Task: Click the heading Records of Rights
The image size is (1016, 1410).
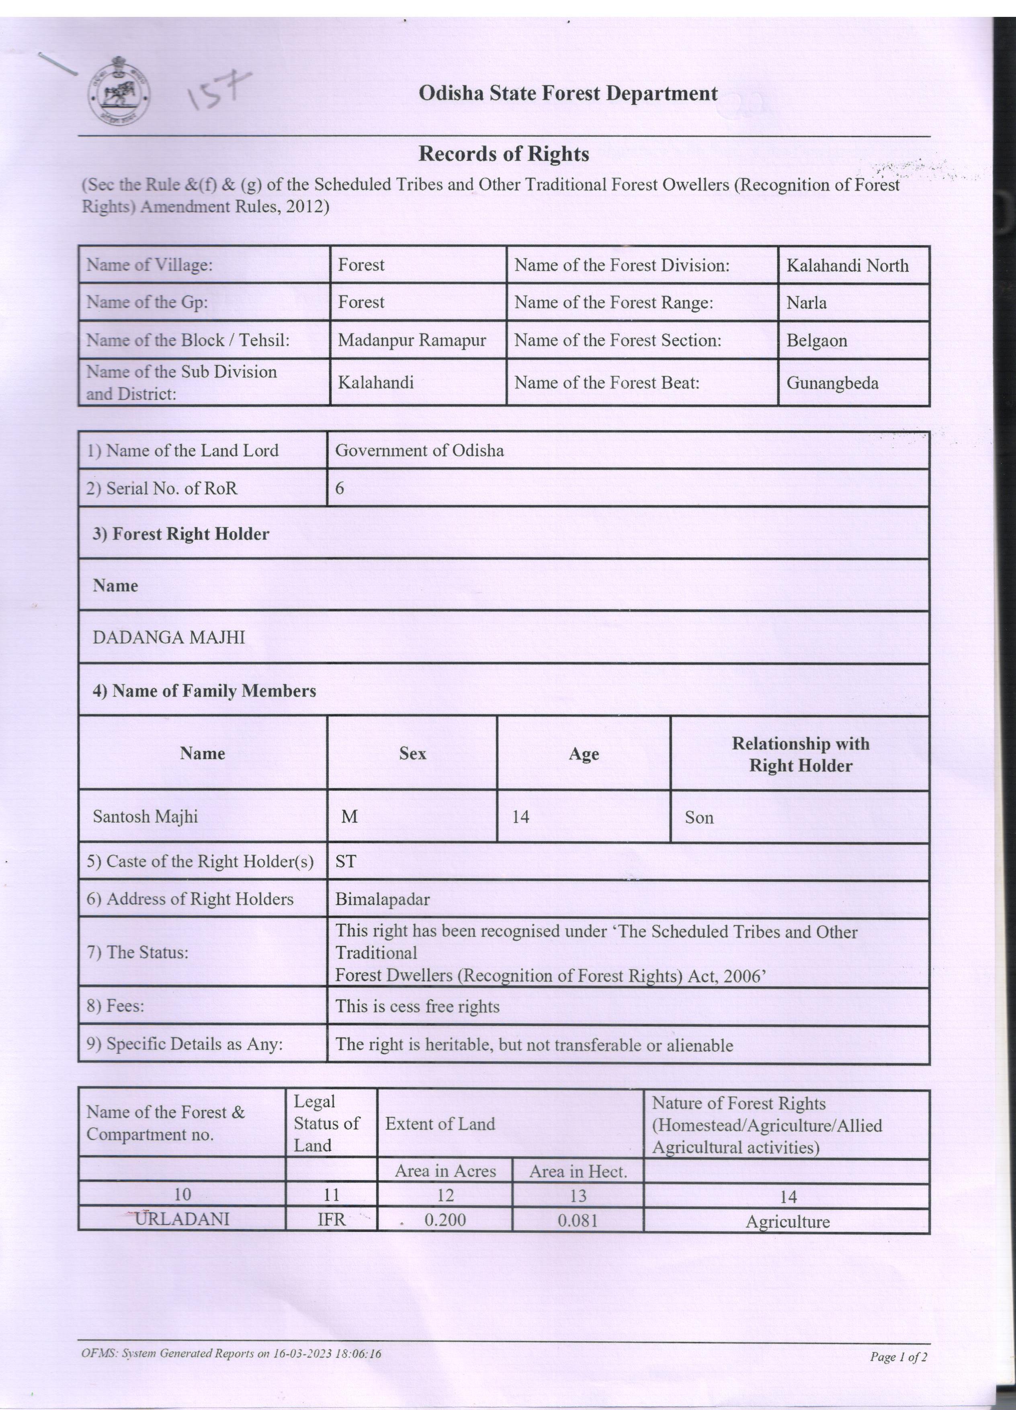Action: [x=503, y=154]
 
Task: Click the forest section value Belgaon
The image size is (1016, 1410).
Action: [x=817, y=341]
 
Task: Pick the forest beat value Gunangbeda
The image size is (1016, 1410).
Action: [x=832, y=383]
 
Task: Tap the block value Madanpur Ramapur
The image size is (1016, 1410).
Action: [x=412, y=340]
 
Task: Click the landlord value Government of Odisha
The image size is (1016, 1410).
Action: [x=420, y=450]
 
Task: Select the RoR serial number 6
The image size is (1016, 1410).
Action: [x=340, y=488]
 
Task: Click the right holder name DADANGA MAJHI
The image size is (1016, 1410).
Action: [x=168, y=637]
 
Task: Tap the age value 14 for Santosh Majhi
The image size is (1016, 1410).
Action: [x=521, y=817]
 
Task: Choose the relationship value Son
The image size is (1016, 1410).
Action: [x=699, y=817]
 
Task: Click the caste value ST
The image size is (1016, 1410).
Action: [x=346, y=861]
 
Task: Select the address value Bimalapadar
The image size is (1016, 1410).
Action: [x=382, y=899]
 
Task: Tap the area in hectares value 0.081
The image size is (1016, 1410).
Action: [x=577, y=1220]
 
